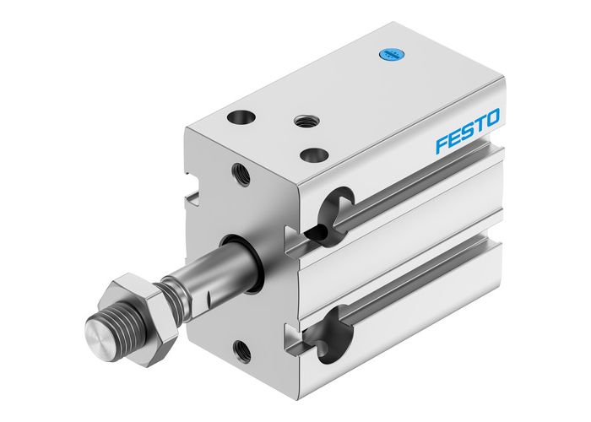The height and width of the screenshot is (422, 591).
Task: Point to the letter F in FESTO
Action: [x=442, y=144]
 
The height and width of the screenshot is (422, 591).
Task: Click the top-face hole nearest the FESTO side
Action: [x=313, y=154]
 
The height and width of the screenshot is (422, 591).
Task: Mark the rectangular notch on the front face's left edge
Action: [x=191, y=197]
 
